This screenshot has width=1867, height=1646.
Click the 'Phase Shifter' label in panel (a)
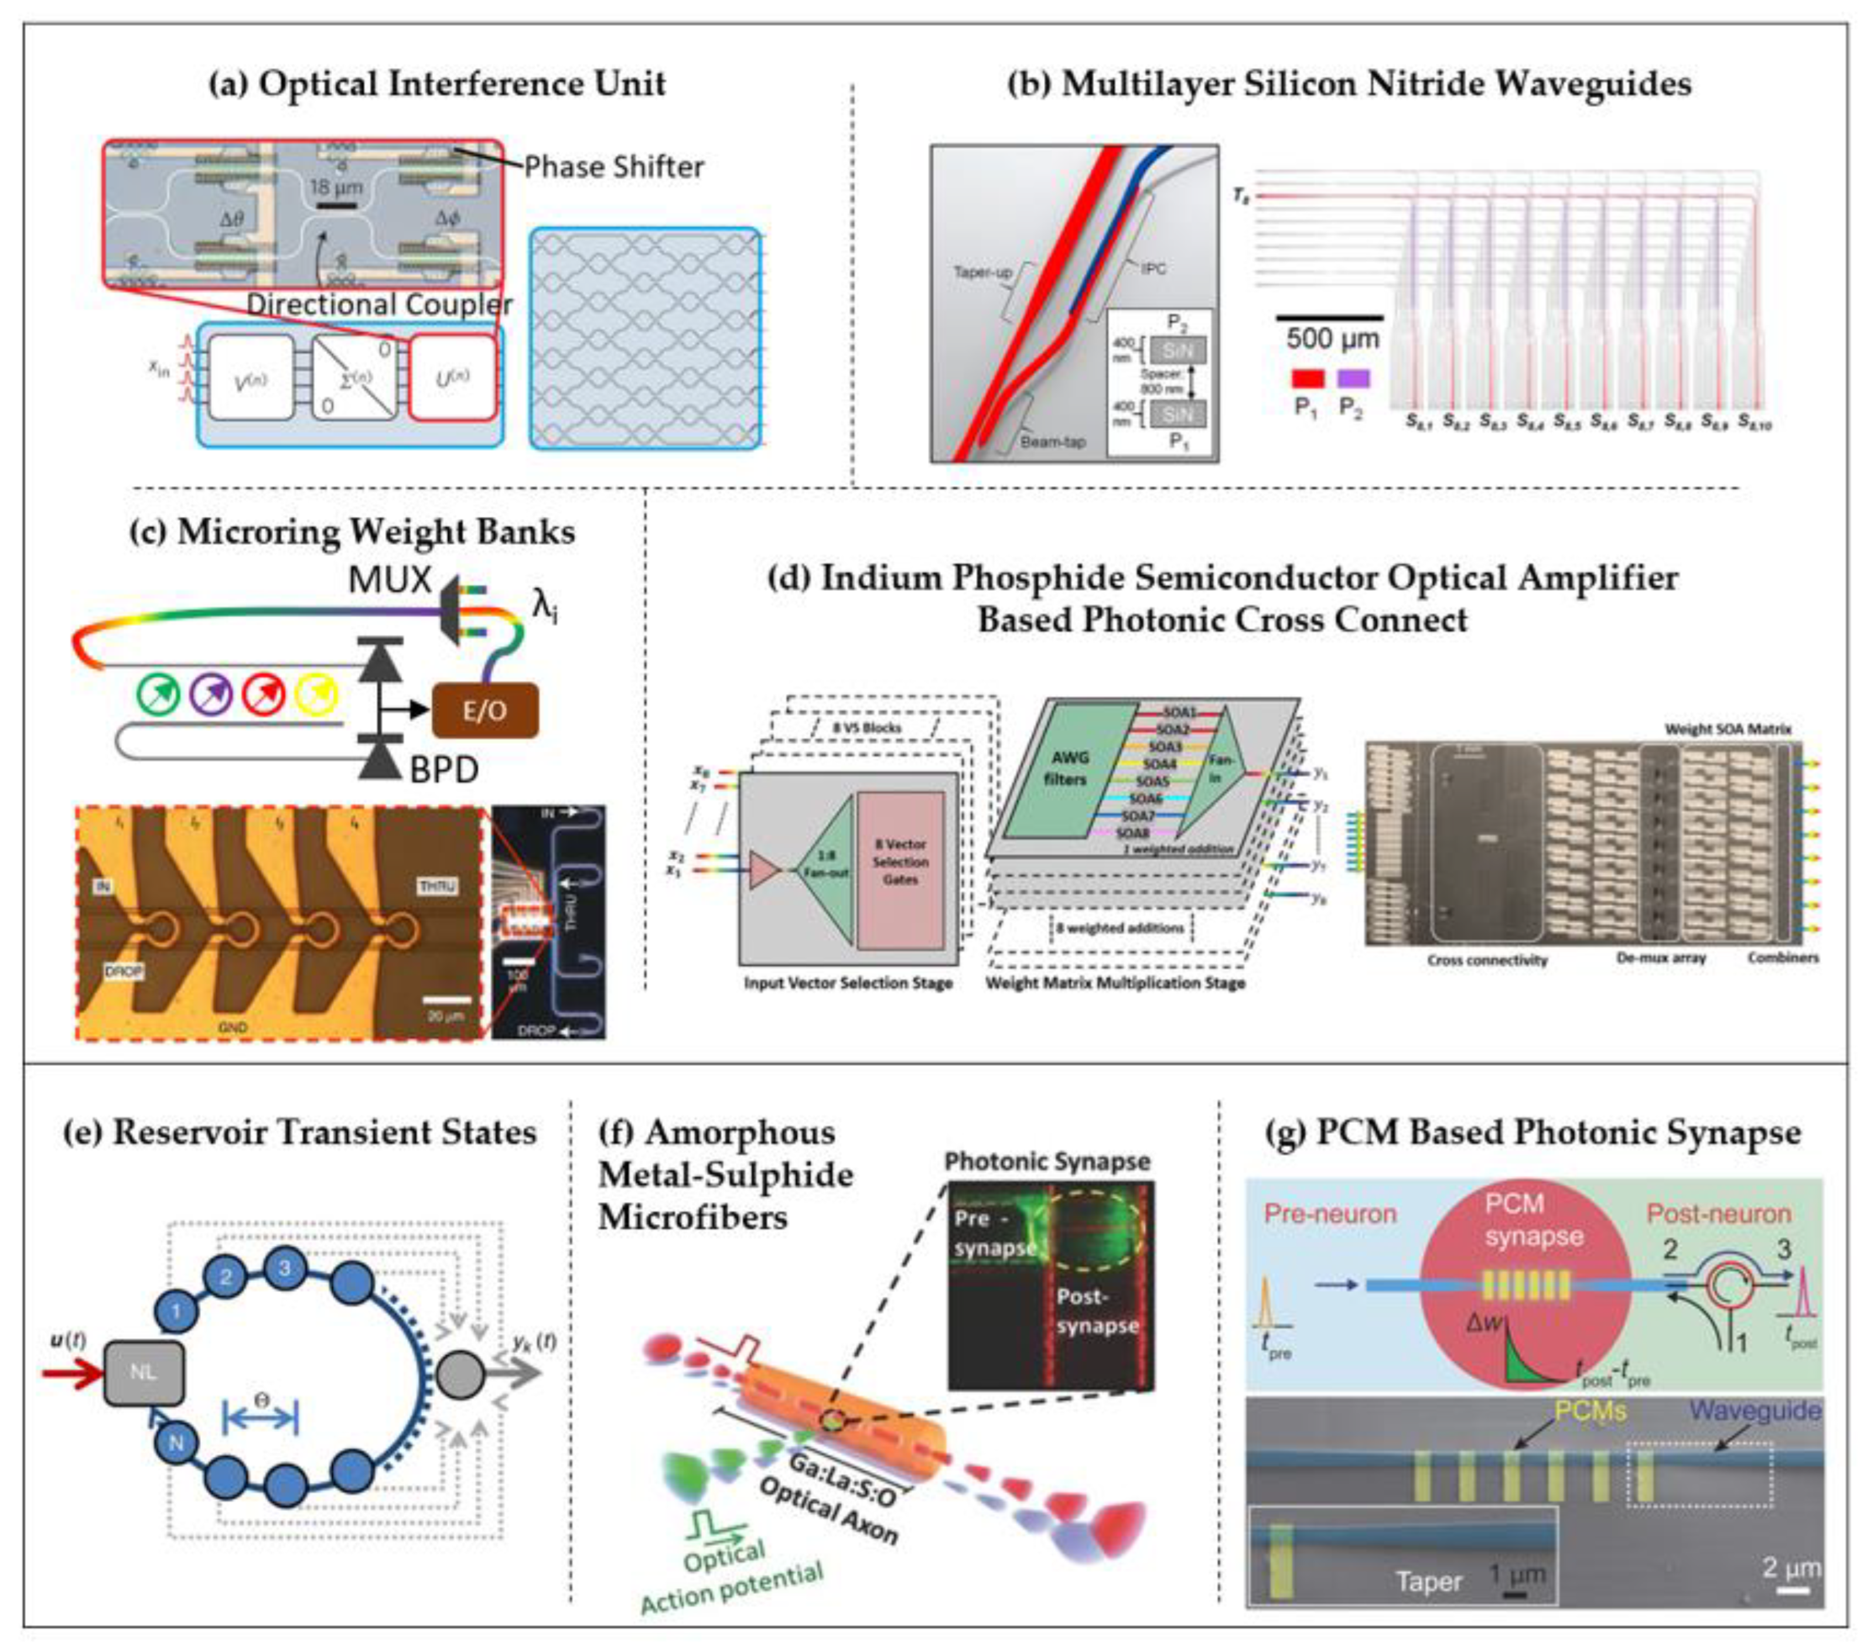tap(614, 167)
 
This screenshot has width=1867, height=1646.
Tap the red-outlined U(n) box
tap(453, 377)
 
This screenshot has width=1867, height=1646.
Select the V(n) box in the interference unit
tap(251, 377)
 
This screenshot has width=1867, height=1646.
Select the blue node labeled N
tap(176, 1443)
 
